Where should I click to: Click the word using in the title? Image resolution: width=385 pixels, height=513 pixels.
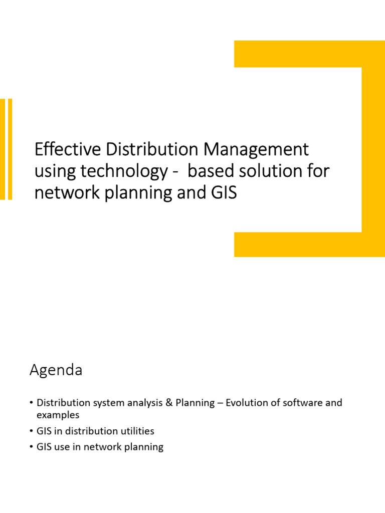click(51, 171)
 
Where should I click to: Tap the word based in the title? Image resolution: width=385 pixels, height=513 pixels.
click(216, 171)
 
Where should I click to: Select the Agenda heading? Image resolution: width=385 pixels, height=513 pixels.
click(56, 371)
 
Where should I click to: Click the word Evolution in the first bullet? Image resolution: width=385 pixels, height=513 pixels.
click(247, 403)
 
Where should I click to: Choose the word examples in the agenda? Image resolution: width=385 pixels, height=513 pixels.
click(58, 415)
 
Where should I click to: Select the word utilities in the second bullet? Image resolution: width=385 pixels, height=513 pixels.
click(136, 431)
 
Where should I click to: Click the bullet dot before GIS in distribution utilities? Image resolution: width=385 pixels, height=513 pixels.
click(31, 431)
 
